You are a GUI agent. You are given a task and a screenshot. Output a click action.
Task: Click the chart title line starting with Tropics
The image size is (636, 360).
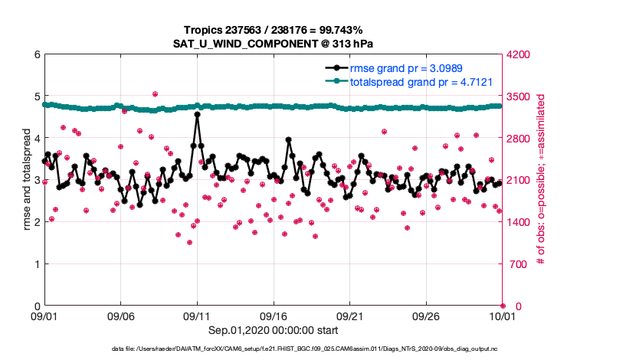[x=273, y=30]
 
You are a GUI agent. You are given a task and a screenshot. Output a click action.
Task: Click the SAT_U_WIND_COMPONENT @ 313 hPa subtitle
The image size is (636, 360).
[x=273, y=44]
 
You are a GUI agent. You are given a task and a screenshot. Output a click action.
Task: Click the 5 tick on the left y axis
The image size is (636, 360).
[x=35, y=97]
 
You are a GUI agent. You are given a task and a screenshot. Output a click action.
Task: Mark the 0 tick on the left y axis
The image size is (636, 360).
[x=35, y=306]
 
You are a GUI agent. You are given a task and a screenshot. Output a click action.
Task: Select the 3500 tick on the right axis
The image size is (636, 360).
[x=519, y=97]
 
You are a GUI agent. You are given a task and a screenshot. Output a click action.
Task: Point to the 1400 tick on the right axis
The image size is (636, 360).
[x=519, y=222]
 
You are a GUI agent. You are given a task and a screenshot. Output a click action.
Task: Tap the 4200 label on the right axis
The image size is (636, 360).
[x=519, y=54]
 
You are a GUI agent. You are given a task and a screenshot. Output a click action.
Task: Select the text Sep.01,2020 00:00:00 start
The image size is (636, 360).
[x=273, y=330]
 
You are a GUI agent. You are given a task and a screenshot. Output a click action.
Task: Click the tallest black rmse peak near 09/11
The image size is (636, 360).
[x=197, y=114]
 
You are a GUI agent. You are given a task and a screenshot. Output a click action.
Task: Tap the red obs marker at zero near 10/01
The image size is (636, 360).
[x=503, y=306]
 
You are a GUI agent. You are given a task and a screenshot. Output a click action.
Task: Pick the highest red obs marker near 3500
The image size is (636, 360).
[x=155, y=94]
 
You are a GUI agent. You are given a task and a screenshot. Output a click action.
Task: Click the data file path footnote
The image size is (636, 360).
[x=317, y=349]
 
